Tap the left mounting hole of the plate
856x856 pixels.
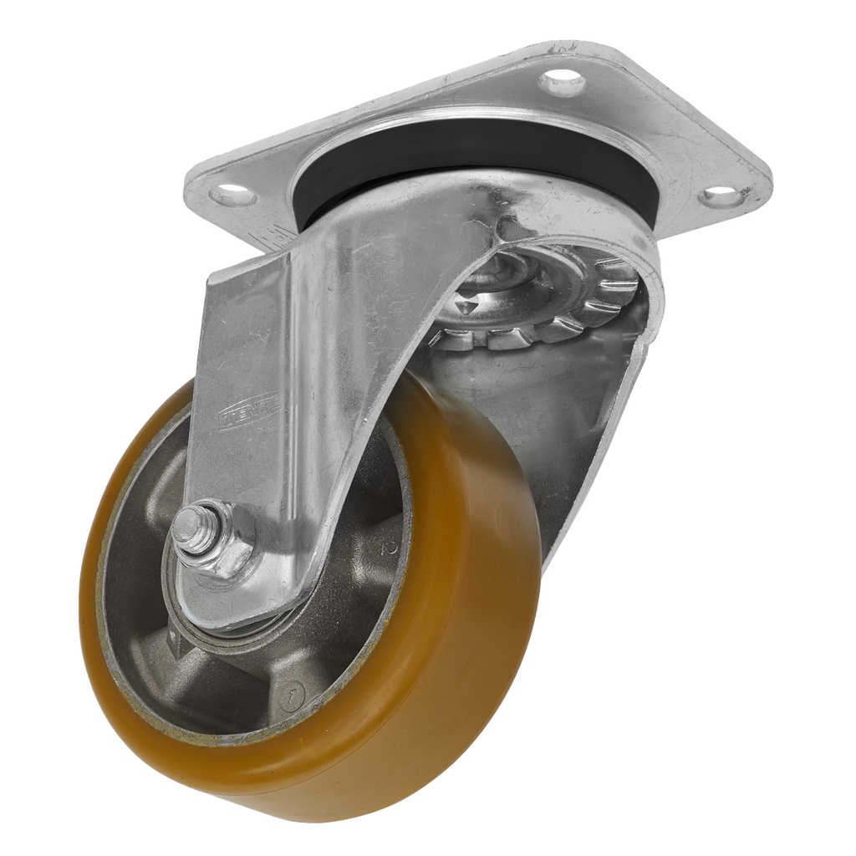click(x=234, y=198)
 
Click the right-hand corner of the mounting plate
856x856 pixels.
click(x=765, y=180)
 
